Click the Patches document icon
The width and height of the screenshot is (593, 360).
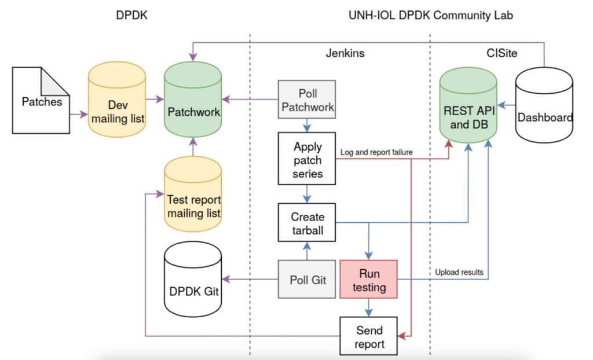pos(41,102)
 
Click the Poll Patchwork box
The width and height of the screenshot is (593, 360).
pos(307,100)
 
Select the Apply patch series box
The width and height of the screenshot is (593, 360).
pos(307,159)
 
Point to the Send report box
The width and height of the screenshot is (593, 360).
pos(369,336)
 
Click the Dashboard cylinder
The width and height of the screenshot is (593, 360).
pos(544,110)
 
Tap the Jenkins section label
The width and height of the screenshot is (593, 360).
pos(345,53)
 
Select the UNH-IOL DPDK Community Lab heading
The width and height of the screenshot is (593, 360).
pos(431,16)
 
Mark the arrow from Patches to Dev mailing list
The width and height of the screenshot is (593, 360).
pos(78,115)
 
